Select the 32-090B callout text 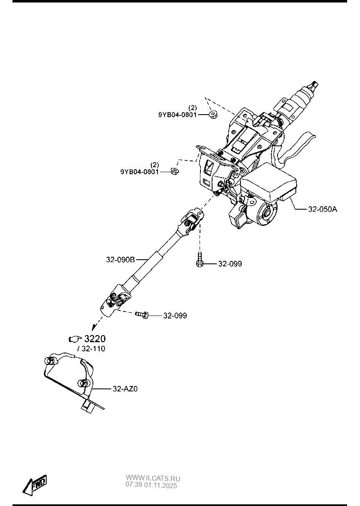click(120, 260)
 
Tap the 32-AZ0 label click(125, 389)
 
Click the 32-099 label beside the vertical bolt click(230, 264)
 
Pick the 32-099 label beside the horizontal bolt click(175, 316)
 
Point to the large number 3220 click(95, 338)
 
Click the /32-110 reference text click(91, 349)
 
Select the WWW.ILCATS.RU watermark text click(152, 478)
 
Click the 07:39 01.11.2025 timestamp click(151, 485)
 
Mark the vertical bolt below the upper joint click(200, 260)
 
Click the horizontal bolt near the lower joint click(142, 316)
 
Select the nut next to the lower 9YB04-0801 click(175, 171)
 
